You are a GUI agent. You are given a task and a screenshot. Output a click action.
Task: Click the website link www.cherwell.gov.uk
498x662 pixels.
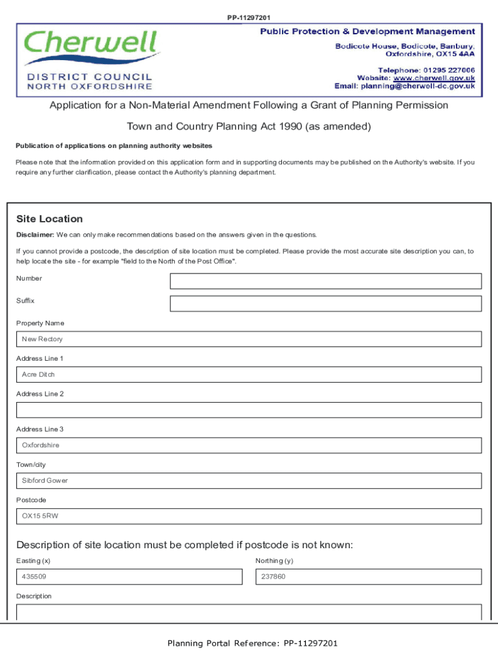point(435,78)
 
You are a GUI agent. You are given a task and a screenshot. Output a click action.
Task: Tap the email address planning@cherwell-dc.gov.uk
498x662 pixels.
point(418,86)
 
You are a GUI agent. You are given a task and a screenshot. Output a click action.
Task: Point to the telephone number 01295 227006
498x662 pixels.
point(449,70)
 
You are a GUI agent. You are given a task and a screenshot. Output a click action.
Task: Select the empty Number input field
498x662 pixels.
point(325,281)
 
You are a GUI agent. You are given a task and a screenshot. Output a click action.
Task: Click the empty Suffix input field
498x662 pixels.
point(325,304)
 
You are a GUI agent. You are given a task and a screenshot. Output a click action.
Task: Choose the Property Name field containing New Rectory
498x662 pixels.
point(249,339)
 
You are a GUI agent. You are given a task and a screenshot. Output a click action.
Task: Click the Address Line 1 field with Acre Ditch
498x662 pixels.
point(249,375)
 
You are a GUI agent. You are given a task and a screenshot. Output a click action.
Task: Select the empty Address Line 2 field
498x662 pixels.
point(249,410)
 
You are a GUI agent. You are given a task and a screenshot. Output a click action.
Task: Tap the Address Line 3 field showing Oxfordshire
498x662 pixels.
point(249,445)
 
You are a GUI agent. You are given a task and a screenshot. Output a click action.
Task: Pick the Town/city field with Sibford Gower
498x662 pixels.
point(249,481)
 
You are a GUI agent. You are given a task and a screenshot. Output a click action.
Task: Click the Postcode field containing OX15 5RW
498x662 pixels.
point(249,517)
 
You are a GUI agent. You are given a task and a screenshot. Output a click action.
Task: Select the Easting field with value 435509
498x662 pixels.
point(129,577)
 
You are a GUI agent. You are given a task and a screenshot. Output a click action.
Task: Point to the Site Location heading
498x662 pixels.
point(50,219)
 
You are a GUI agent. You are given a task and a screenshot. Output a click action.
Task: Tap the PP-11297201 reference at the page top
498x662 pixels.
point(249,17)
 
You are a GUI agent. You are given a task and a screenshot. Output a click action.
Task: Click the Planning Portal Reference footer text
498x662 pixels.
point(252,643)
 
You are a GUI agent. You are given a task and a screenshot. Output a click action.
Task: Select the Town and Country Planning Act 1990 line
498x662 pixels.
point(249,127)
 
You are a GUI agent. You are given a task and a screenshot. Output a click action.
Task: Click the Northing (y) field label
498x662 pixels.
point(274,561)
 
